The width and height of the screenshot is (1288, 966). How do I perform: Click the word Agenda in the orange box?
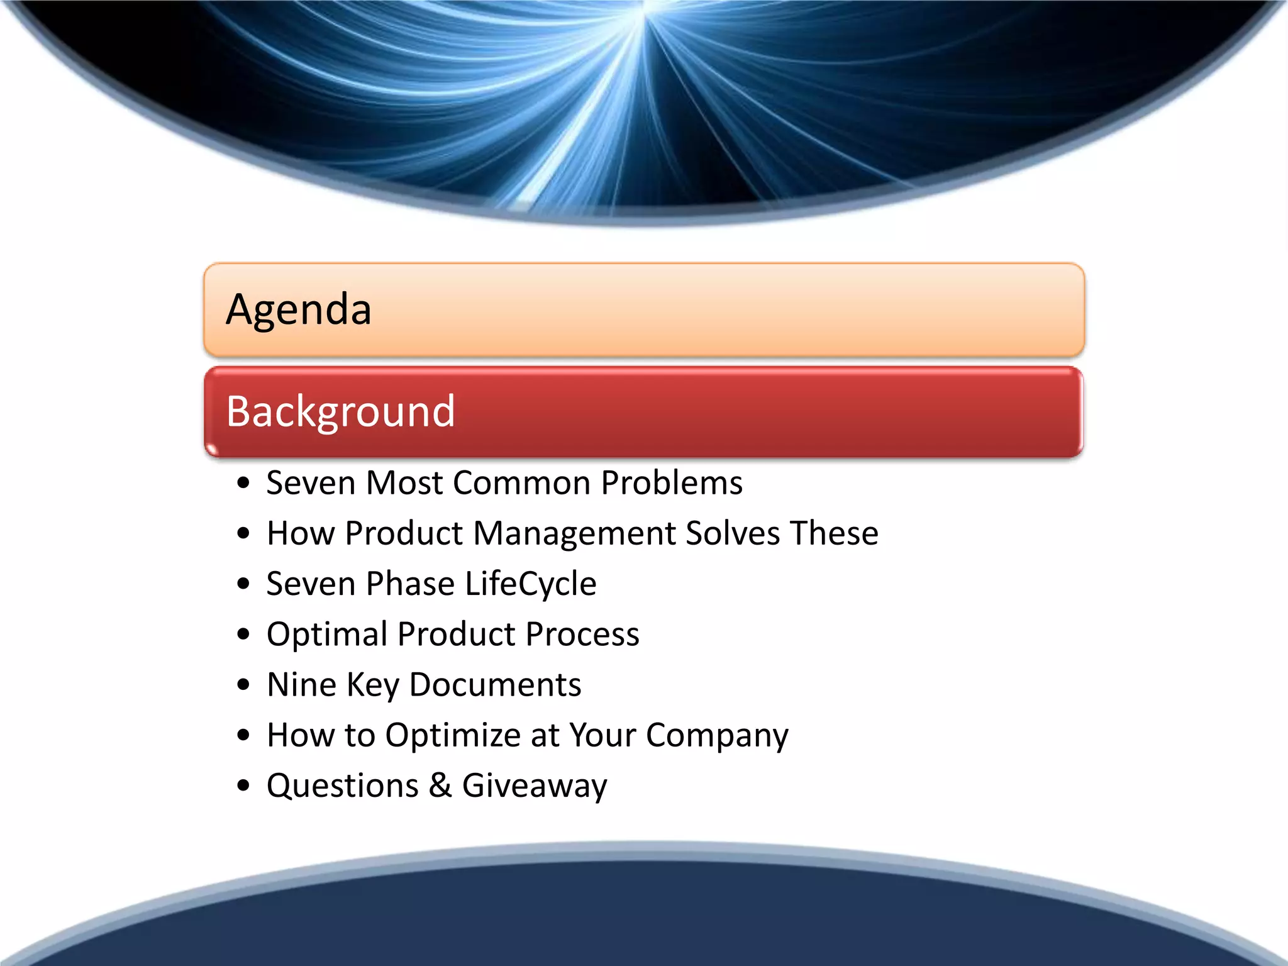coord(299,310)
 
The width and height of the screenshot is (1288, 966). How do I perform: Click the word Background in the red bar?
coord(340,412)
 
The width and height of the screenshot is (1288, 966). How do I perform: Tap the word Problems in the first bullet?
coord(671,483)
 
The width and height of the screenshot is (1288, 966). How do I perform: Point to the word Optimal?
coord(326,635)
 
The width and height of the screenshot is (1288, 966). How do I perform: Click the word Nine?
coord(301,684)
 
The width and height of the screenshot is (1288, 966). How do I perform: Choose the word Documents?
coord(495,684)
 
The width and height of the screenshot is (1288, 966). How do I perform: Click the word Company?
coord(716,736)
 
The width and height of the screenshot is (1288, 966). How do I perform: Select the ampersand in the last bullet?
coord(440,786)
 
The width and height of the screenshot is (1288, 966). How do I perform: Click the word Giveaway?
coord(535,787)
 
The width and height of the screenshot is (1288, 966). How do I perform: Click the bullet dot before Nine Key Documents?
coord(243,685)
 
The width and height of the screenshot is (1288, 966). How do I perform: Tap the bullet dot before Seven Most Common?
coord(243,484)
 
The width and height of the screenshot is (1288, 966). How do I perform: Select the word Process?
coord(582,635)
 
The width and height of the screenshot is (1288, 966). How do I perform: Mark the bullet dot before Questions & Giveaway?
coord(243,786)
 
